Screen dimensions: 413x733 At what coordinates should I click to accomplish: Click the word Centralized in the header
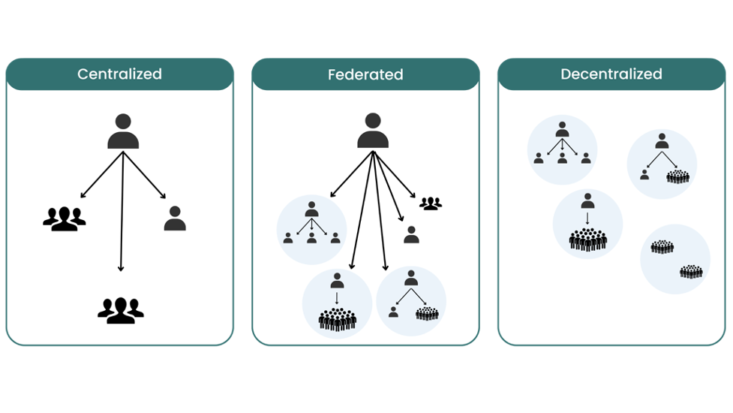pos(119,74)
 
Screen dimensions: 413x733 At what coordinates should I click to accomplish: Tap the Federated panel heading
pos(365,74)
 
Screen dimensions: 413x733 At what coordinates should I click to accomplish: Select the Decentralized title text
pos(611,74)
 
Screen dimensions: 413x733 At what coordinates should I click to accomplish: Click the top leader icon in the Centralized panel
pos(123,131)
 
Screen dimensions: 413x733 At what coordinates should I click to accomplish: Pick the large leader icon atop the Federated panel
pos(372,131)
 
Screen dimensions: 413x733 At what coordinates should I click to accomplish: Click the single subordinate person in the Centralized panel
pos(175,219)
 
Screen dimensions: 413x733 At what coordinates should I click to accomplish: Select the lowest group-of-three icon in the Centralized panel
pos(120,309)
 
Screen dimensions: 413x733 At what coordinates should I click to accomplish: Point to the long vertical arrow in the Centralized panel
pos(122,210)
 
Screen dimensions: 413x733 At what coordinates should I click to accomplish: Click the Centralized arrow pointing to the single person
pos(146,176)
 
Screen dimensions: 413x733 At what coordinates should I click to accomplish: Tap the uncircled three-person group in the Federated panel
pos(430,203)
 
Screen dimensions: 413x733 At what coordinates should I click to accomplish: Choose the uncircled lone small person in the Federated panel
pos(411,235)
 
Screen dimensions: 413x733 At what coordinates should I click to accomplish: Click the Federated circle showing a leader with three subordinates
pos(311,228)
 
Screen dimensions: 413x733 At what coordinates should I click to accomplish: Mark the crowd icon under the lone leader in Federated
pos(338,319)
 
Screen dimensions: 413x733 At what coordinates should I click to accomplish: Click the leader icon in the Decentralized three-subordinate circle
pos(562,130)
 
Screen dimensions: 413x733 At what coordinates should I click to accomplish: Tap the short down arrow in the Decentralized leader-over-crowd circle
pos(587,219)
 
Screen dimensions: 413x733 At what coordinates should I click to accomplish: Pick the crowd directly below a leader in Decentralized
pos(587,239)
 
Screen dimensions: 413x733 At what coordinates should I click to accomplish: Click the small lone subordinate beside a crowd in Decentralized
pos(644,175)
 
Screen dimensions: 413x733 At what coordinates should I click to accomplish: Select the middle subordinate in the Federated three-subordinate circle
pos(311,238)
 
